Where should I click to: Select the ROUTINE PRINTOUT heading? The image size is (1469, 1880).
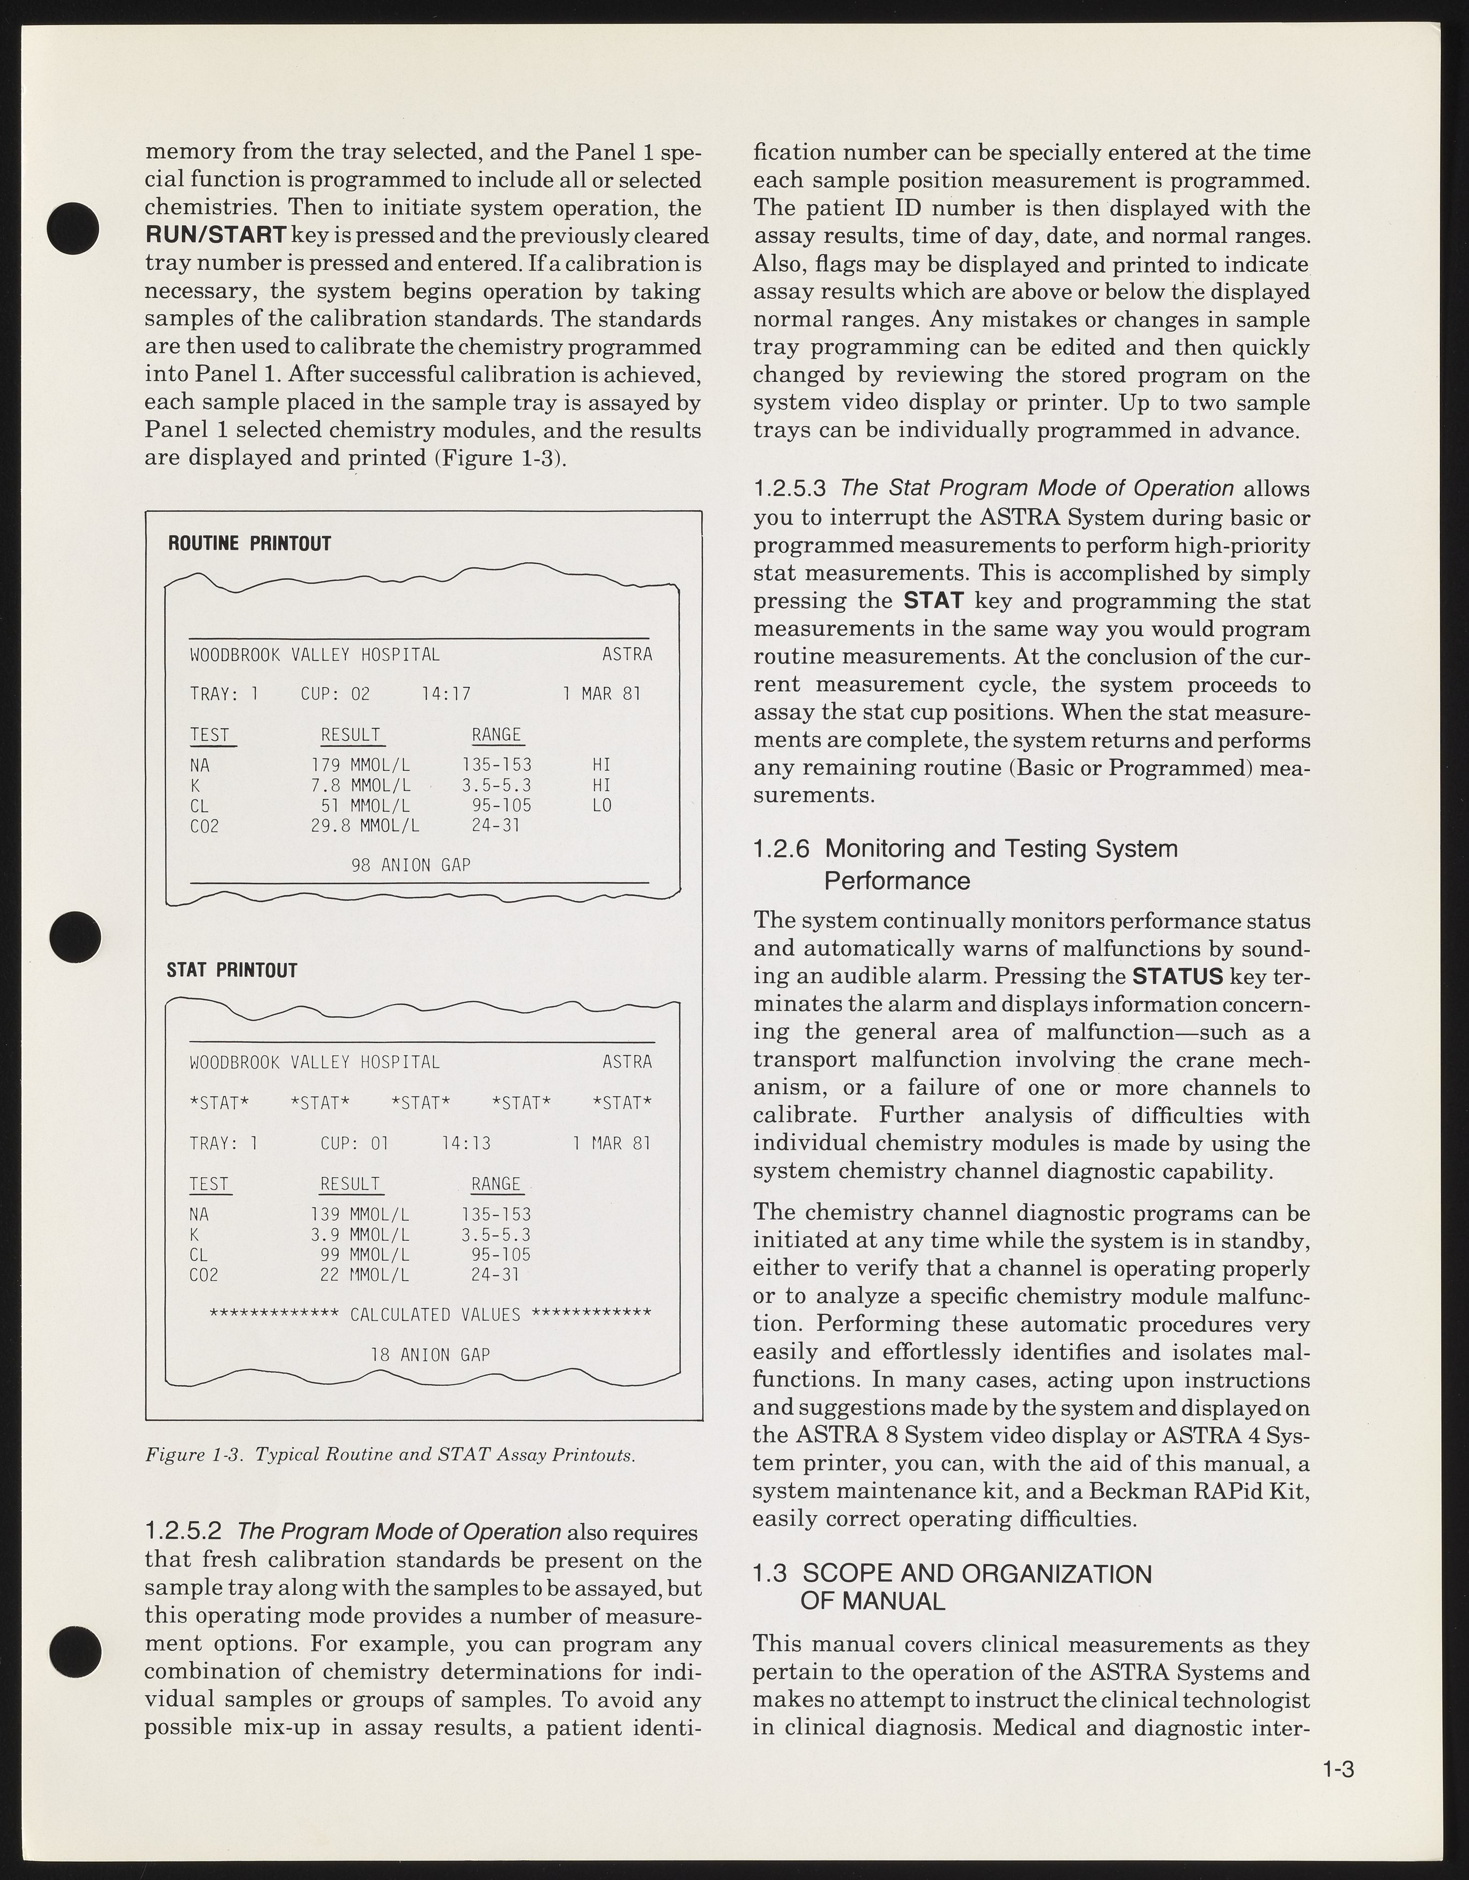pyautogui.click(x=249, y=544)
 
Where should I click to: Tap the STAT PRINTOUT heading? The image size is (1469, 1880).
pyautogui.click(x=232, y=970)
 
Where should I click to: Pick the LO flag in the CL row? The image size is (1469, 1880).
pyautogui.click(x=602, y=806)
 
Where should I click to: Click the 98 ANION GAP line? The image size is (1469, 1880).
pyautogui.click(x=411, y=864)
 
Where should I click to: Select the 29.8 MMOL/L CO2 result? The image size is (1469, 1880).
pyautogui.click(x=365, y=827)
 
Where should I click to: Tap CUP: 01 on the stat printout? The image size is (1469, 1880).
pyautogui.click(x=354, y=1143)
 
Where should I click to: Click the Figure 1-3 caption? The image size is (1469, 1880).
pyautogui.click(x=390, y=1456)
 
